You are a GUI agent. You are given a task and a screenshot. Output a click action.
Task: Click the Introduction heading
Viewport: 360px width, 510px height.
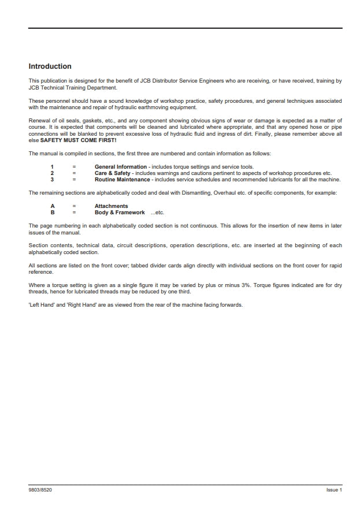coord(50,66)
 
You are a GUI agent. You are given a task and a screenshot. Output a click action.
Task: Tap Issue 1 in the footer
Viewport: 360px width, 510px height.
coord(334,490)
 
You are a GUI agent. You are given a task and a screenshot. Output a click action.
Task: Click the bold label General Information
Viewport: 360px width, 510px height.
coord(121,167)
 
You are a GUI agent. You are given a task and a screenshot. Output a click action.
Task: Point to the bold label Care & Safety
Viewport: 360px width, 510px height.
coord(113,173)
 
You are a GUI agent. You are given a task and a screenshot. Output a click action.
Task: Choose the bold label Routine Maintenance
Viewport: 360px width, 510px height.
coord(123,179)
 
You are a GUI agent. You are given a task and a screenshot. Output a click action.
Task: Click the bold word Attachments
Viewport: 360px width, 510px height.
coord(112,206)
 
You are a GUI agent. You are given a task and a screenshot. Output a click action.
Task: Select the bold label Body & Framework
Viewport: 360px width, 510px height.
coord(120,213)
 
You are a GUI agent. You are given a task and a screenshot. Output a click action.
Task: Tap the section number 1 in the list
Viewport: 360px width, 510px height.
coord(52,167)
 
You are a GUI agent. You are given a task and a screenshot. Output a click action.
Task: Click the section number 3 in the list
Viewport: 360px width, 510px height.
coord(52,179)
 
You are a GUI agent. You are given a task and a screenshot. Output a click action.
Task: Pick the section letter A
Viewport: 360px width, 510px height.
coord(53,206)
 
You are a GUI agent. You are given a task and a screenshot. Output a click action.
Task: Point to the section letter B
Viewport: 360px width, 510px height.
coord(53,213)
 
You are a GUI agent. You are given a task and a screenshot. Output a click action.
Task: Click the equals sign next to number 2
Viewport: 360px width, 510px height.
coord(74,173)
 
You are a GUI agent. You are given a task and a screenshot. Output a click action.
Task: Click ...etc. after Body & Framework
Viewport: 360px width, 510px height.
coord(157,213)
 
